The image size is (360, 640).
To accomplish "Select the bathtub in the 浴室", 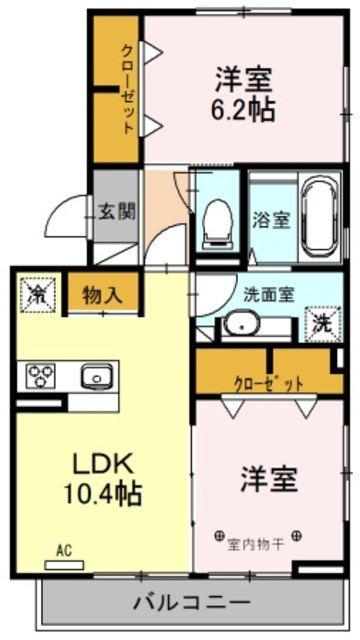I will (x=319, y=216).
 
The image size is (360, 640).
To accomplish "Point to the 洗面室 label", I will (x=269, y=294).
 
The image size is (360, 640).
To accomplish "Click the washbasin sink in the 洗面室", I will (x=240, y=325).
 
